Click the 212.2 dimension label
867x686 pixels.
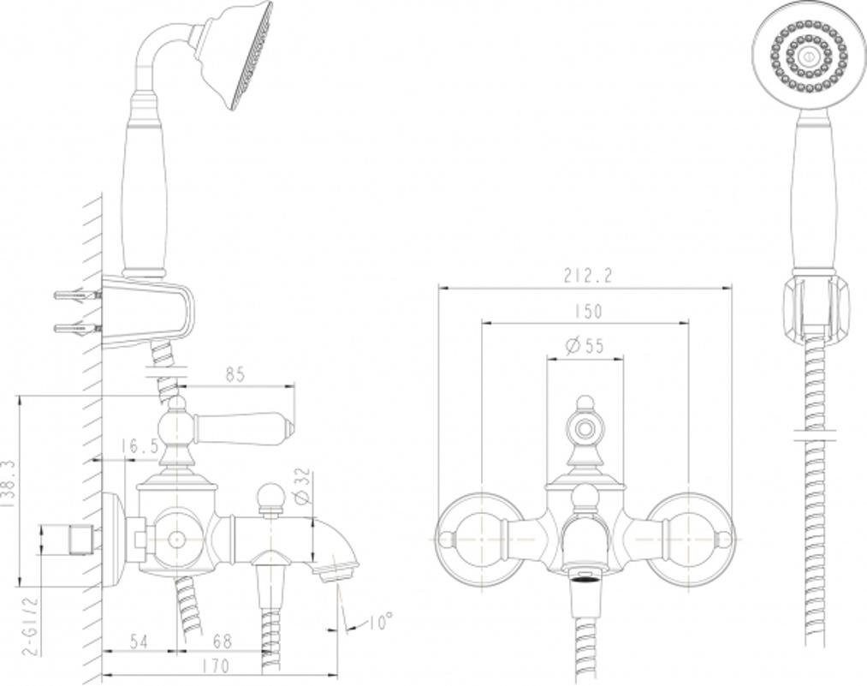588,276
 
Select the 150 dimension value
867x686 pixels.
586,311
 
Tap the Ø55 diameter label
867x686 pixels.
585,346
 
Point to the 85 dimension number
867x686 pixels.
235,374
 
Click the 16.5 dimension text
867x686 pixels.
140,446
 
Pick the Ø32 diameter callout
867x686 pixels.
302,486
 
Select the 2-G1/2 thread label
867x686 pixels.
32,624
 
